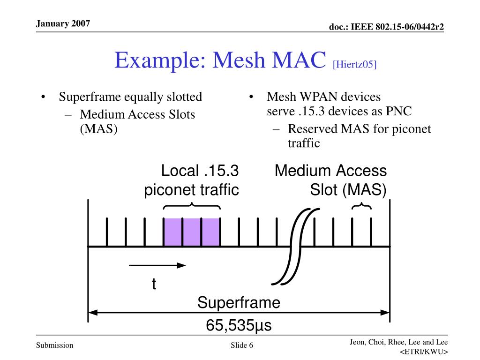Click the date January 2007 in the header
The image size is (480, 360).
coord(63,23)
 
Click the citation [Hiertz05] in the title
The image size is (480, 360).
coord(354,64)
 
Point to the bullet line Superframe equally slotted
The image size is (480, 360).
coord(130,97)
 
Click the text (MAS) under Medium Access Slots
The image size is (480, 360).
coord(98,128)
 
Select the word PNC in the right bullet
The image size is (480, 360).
coord(398,111)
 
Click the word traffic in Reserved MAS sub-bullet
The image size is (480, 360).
coord(304,143)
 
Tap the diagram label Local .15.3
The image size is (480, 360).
coord(196,171)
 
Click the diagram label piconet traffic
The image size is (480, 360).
coord(191,190)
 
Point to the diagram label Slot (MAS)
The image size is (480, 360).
coord(348,190)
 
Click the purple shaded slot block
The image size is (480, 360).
coord(192,232)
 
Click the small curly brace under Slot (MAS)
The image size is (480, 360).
coord(362,207)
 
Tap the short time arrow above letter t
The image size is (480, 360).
coord(157,265)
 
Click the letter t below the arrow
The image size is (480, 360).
coord(154,284)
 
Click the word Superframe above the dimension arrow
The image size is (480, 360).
coord(239,303)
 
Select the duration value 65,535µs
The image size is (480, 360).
coord(239,325)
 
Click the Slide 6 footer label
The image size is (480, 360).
coord(242,346)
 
